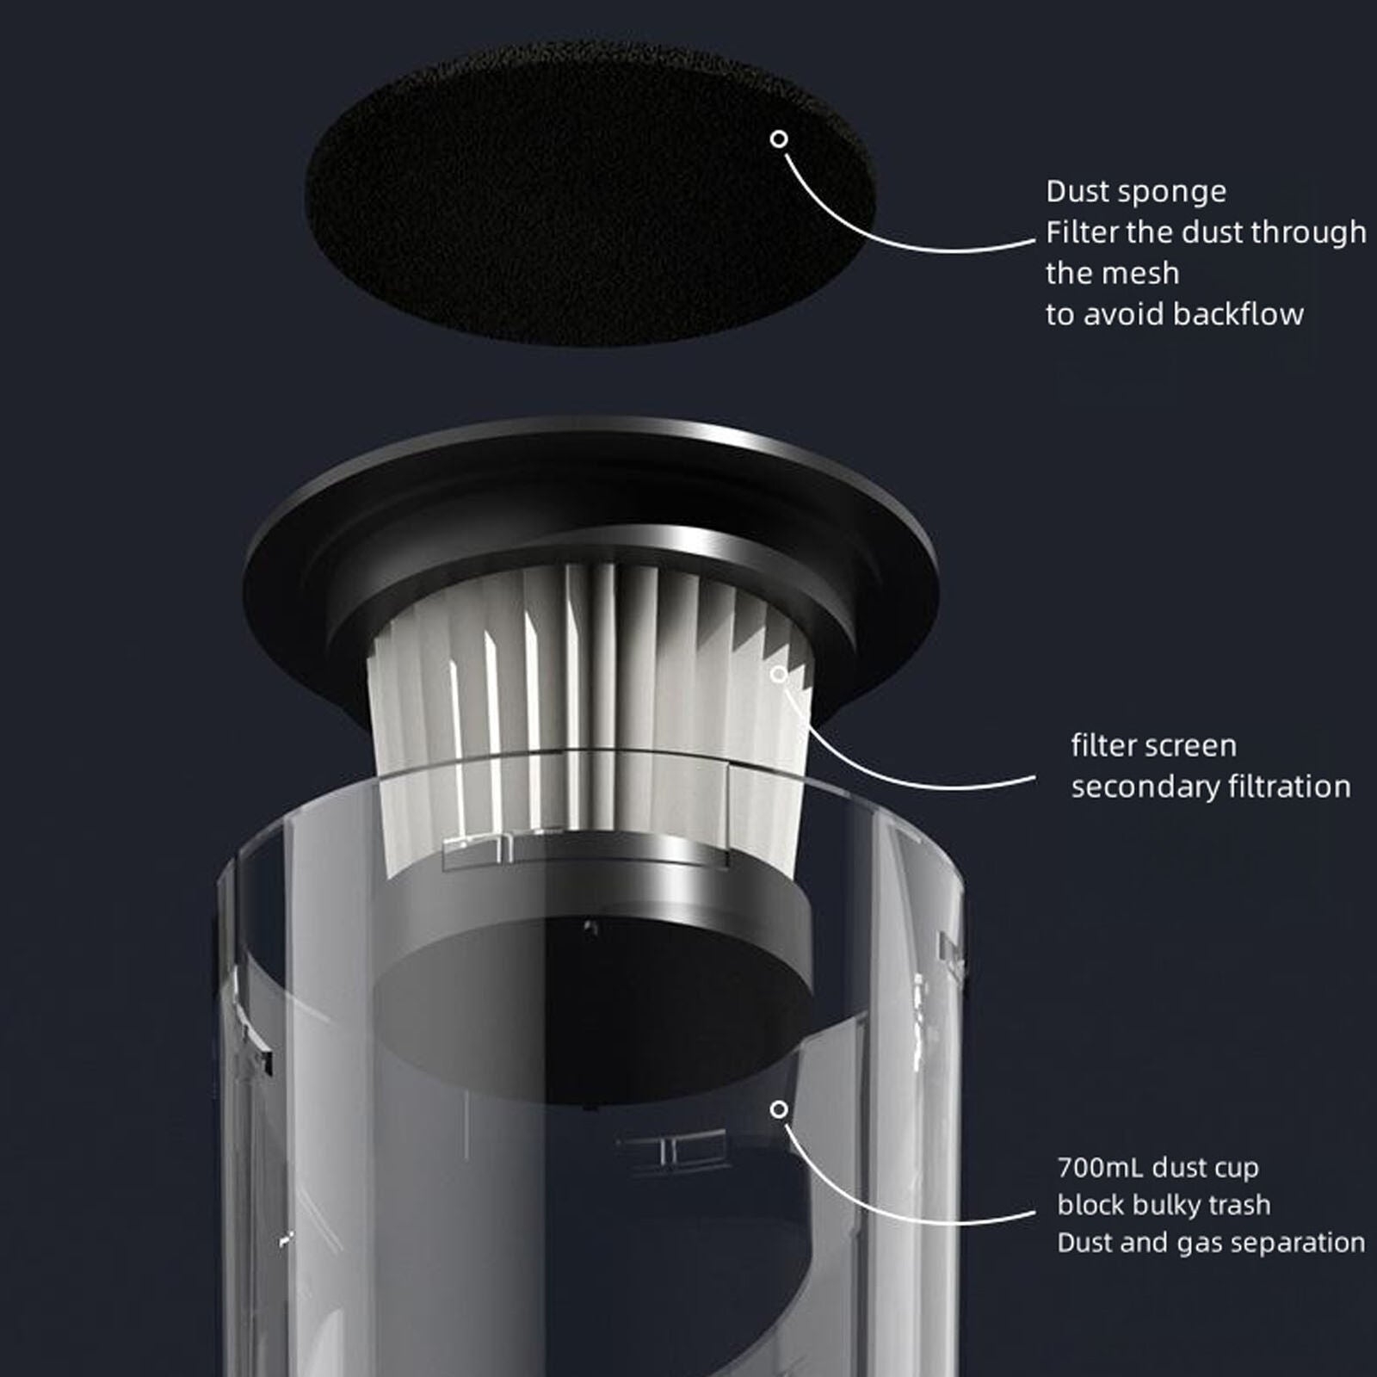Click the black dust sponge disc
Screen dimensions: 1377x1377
pyautogui.click(x=590, y=194)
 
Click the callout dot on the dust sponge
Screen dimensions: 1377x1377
pyautogui.click(x=779, y=139)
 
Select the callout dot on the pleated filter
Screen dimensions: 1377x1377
pyautogui.click(x=779, y=674)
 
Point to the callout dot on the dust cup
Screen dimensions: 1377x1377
pyautogui.click(x=779, y=1109)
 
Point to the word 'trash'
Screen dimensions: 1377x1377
pyautogui.click(x=1240, y=1205)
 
